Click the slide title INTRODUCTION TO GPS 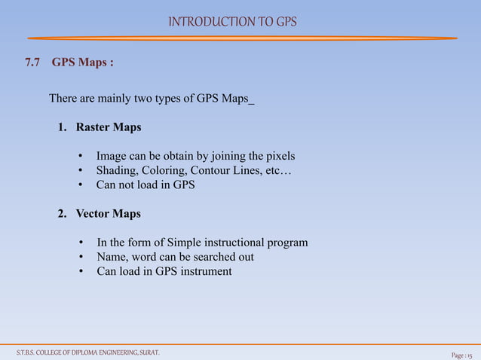[232, 21]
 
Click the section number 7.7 [32, 63]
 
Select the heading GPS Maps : [83, 63]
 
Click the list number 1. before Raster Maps [63, 127]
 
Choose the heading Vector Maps [108, 214]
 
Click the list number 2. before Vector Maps [63, 214]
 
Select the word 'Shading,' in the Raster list [117, 171]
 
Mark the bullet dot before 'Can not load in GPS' [81, 185]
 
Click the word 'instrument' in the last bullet [204, 272]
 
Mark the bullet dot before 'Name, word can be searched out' [81, 258]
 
